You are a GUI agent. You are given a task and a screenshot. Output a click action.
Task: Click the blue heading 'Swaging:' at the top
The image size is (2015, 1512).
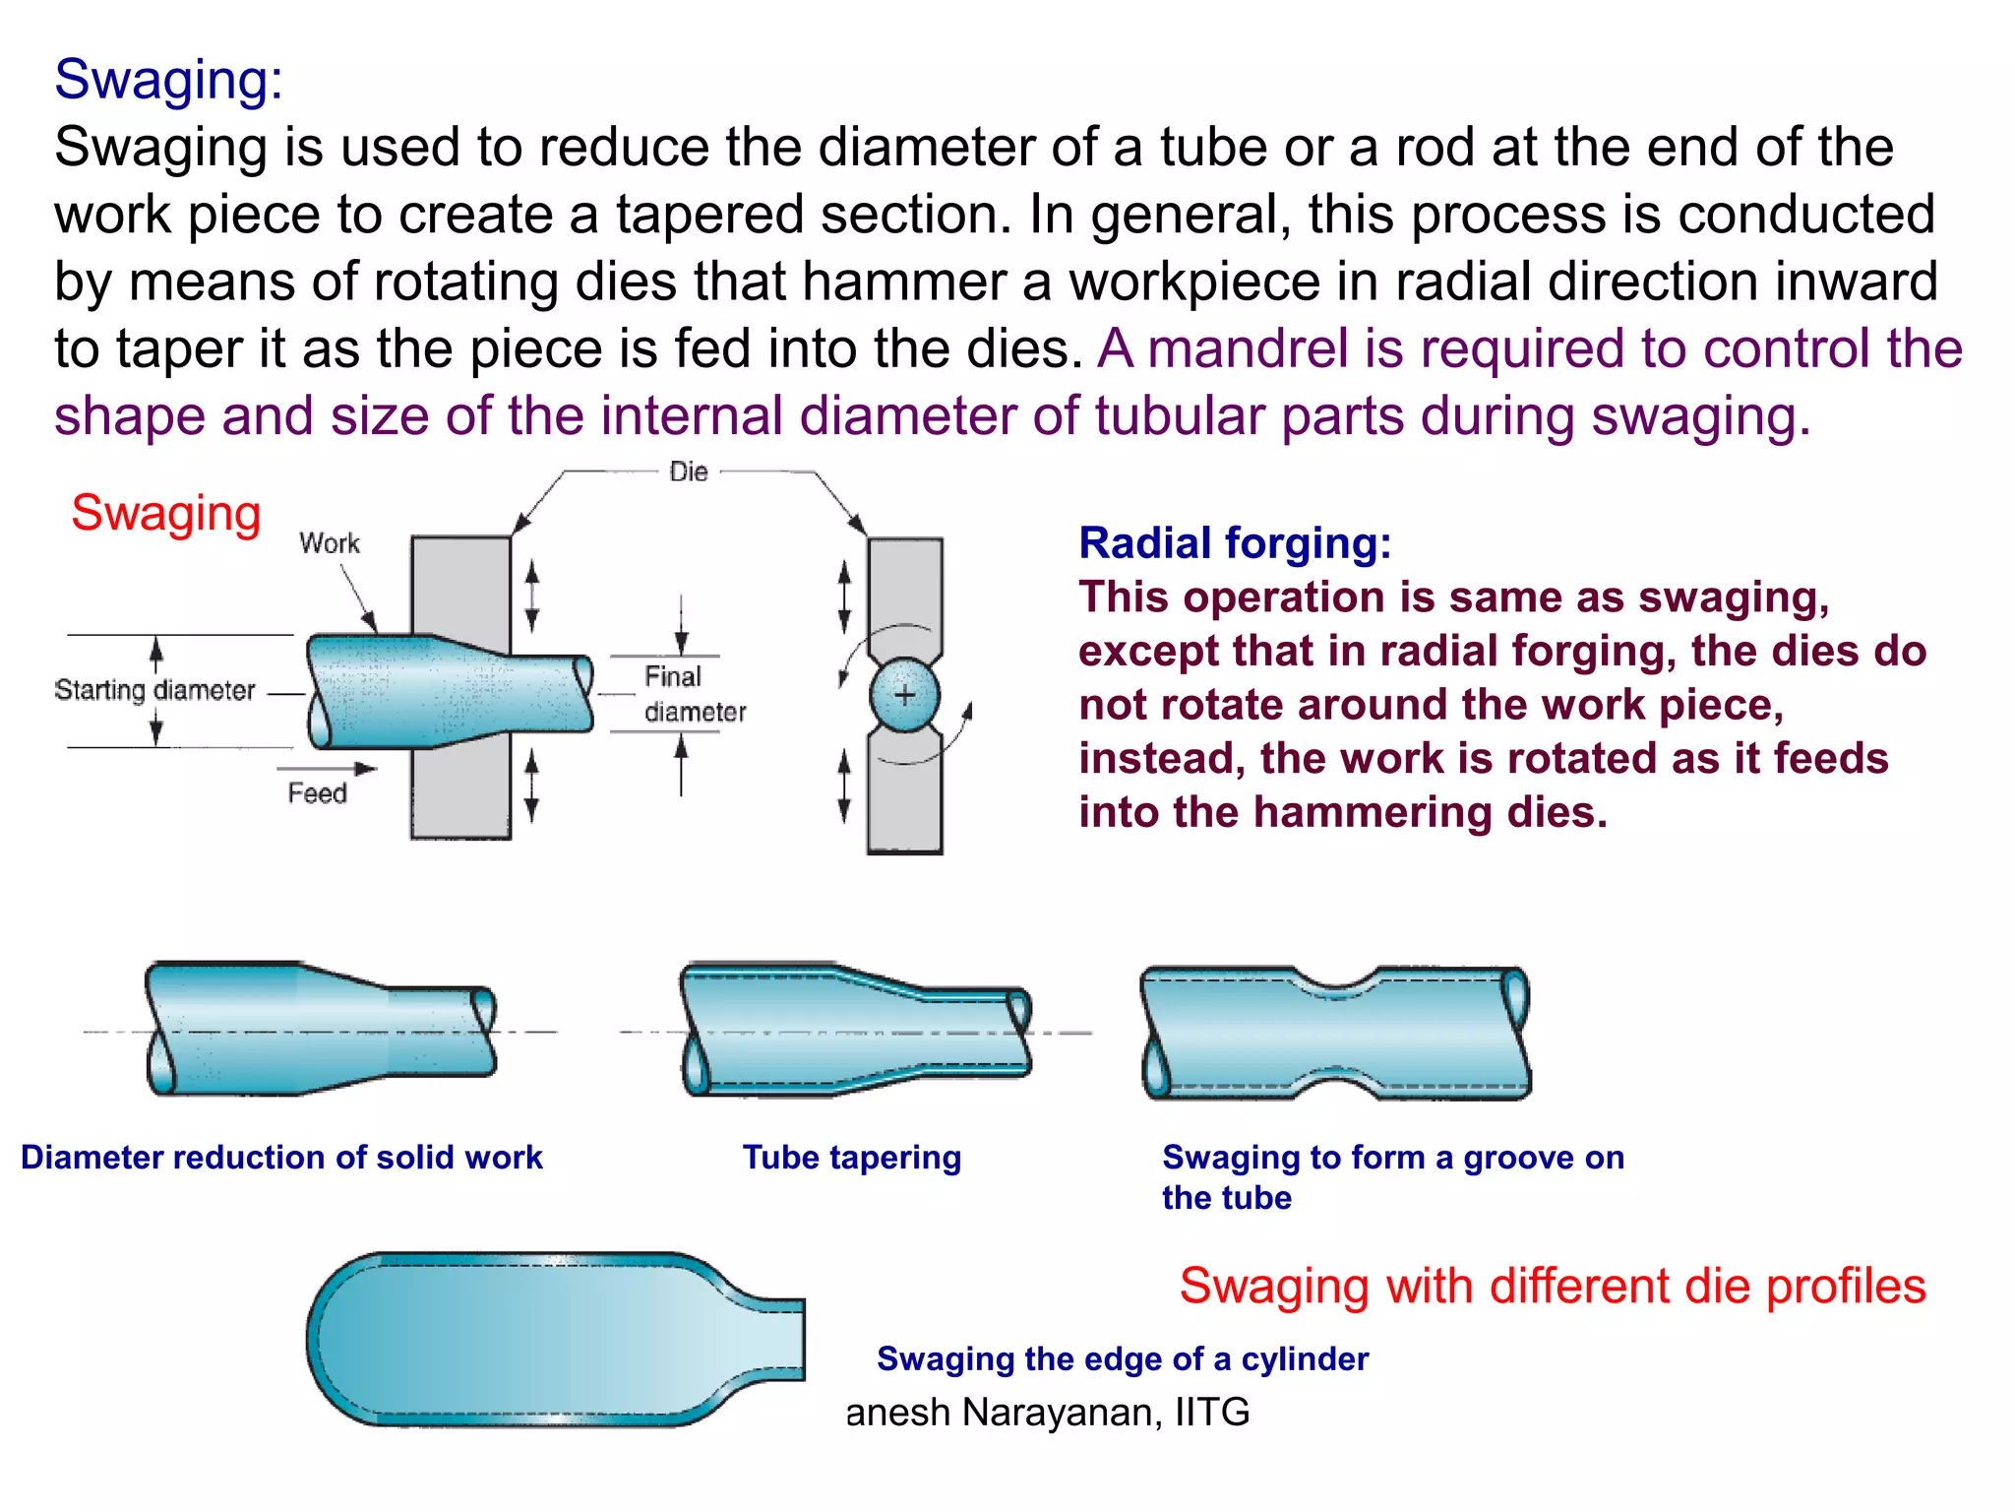(x=168, y=79)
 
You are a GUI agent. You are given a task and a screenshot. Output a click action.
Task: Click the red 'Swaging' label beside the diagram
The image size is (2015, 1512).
(x=165, y=513)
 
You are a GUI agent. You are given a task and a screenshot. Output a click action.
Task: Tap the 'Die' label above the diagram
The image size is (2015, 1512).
(x=688, y=472)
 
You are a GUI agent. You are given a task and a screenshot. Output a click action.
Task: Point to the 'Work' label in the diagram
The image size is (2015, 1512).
(x=329, y=543)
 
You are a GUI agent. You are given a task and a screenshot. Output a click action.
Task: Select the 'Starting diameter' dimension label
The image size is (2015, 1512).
(x=154, y=690)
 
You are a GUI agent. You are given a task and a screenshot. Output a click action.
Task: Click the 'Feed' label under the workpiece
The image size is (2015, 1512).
(x=317, y=793)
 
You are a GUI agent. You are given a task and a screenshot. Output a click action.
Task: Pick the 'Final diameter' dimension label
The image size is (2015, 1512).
(x=694, y=694)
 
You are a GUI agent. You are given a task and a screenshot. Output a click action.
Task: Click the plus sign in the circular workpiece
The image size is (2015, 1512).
(x=904, y=695)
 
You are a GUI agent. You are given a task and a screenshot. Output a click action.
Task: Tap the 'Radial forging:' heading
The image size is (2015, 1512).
(x=1235, y=542)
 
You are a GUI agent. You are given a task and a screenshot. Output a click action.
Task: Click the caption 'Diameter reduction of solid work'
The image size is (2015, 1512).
(x=281, y=1157)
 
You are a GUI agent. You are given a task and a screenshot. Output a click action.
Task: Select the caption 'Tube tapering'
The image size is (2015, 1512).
(x=851, y=1157)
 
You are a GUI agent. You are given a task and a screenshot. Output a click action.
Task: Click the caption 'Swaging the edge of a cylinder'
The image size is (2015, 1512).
(x=1122, y=1358)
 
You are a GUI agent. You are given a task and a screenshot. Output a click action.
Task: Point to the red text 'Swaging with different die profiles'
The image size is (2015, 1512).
(x=1552, y=1286)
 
